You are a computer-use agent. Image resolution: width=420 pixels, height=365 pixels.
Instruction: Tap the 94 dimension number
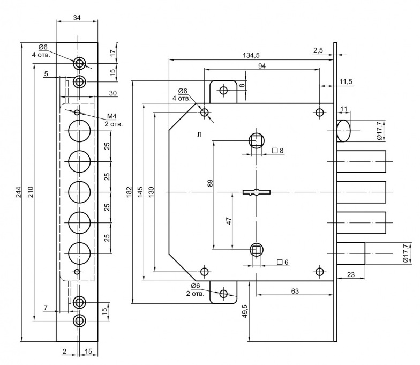[261, 66]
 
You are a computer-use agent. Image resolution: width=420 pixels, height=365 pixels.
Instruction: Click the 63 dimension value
[295, 290]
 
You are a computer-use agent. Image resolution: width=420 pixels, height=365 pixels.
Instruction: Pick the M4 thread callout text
[112, 116]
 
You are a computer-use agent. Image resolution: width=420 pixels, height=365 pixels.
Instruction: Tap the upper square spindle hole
[257, 140]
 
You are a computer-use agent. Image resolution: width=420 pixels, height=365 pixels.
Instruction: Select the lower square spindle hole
[257, 250]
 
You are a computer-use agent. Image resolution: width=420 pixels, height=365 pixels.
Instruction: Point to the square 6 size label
[283, 262]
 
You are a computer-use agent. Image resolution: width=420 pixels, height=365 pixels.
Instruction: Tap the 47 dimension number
[229, 221]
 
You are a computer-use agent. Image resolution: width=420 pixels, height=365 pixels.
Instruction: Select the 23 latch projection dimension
[351, 275]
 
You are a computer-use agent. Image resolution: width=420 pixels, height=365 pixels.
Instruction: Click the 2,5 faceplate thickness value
[318, 50]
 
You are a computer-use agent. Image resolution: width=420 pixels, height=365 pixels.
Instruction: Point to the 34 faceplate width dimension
[77, 18]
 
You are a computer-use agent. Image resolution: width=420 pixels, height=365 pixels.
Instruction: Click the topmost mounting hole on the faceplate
[79, 64]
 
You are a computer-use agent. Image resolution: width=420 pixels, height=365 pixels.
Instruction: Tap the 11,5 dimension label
[346, 81]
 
